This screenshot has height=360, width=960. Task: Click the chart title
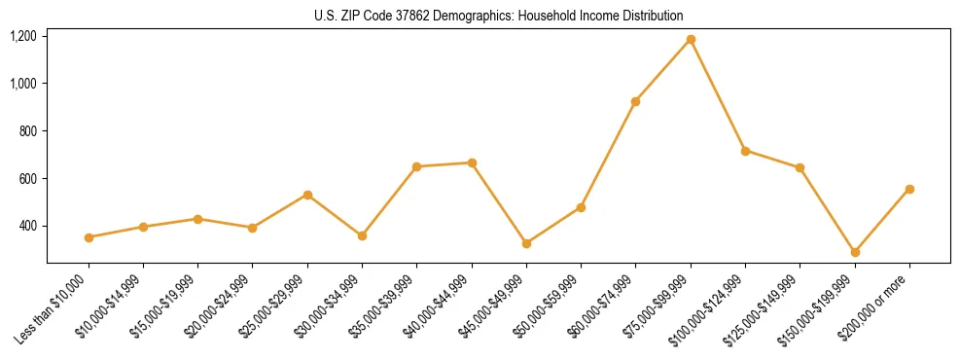click(498, 16)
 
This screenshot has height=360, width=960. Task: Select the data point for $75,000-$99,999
click(691, 40)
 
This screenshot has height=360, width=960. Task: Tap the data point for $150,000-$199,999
click(855, 252)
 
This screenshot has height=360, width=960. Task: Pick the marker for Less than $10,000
click(89, 237)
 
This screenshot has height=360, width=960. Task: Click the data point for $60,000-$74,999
click(636, 101)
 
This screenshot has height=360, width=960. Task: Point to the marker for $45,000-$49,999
click(526, 243)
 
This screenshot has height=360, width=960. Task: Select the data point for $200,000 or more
click(909, 189)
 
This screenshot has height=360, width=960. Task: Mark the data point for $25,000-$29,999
click(307, 195)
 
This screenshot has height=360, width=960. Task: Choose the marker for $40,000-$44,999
click(472, 162)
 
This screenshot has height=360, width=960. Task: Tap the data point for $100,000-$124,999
click(745, 151)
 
